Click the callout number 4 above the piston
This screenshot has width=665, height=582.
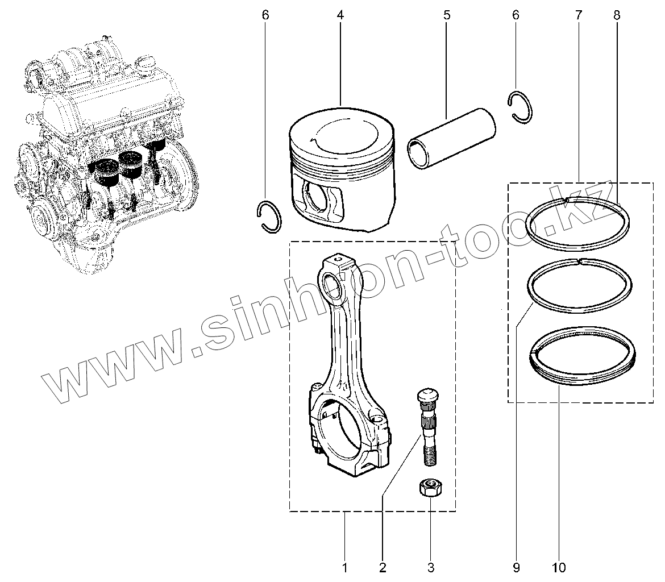(x=340, y=15)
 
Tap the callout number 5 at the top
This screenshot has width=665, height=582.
(x=447, y=15)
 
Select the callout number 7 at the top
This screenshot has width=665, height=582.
(x=579, y=15)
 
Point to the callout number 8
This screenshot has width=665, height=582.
(x=617, y=15)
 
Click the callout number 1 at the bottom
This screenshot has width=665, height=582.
(x=344, y=567)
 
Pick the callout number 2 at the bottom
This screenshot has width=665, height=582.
(x=383, y=567)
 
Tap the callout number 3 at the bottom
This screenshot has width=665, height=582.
(x=430, y=567)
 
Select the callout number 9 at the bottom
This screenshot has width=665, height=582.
(x=516, y=567)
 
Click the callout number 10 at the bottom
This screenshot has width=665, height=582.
(x=558, y=567)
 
